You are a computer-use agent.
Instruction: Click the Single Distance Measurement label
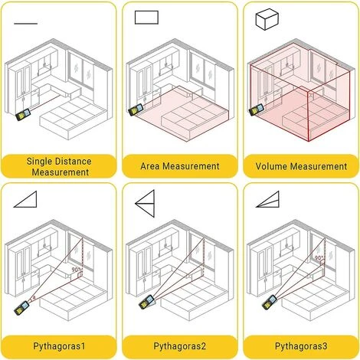59,166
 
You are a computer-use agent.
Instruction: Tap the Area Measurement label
180,165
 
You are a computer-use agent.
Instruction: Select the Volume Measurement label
300,165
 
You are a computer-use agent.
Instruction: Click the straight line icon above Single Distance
25,22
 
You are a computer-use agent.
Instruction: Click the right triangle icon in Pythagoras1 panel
26,200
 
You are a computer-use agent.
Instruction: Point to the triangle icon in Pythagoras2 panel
145,201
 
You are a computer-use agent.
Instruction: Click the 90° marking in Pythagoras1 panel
76,270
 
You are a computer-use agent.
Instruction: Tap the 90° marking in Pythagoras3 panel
317,259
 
